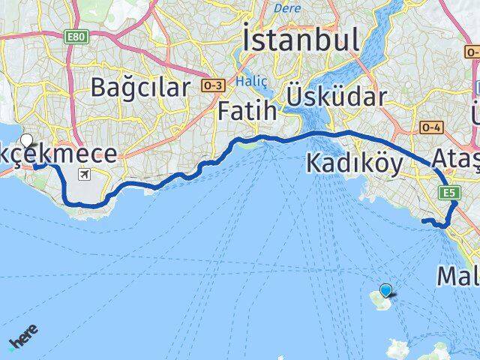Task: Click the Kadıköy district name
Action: point(355,163)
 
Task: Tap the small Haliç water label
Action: point(247,80)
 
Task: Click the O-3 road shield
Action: point(212,85)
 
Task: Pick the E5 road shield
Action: point(450,193)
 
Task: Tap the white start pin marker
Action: point(28,140)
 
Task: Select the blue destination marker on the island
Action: point(385,290)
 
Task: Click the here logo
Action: point(25,338)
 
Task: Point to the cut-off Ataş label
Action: point(455,158)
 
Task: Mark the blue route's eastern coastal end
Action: point(424,220)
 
